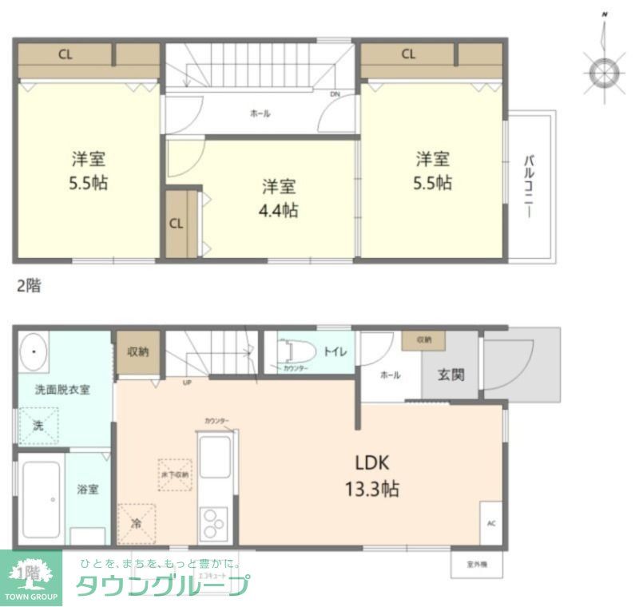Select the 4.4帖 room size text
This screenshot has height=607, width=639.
pos(279,212)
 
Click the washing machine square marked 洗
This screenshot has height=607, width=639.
pos(38,426)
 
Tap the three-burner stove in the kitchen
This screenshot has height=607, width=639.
pos(213,524)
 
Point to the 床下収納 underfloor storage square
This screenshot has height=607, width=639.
pos(175,474)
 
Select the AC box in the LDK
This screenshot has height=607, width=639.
pos(491,524)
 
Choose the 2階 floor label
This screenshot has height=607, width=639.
pos(28,286)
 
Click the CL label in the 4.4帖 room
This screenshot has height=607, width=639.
pos(177,224)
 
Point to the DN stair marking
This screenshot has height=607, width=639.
pos(335,93)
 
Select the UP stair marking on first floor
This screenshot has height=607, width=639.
pos(187,382)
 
